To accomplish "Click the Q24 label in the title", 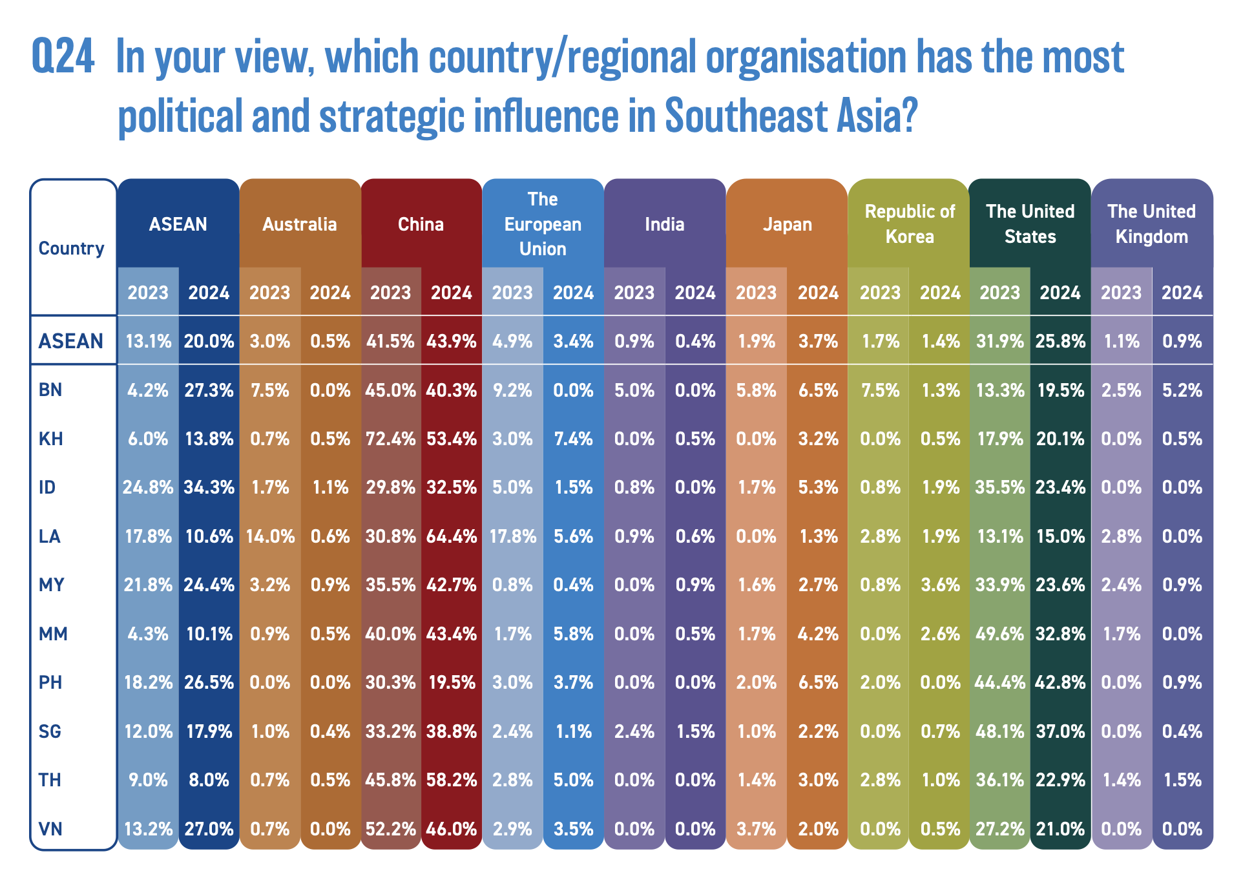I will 63,57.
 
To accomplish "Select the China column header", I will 421,224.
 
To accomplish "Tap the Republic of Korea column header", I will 909,224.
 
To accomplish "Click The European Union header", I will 543,224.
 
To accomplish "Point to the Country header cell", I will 71,248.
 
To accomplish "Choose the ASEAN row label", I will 71,340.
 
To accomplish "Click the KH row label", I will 51,439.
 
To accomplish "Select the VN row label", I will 51,828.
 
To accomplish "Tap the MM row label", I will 53,634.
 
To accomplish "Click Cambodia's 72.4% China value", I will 390,439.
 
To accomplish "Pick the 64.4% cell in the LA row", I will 452,536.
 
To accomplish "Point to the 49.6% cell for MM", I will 999,634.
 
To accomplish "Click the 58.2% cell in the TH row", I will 452,780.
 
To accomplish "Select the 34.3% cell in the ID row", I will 209,487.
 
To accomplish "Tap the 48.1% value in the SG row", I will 999,731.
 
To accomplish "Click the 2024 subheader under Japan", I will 817,293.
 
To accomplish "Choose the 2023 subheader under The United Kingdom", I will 1121,293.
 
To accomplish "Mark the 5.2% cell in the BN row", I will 1182,390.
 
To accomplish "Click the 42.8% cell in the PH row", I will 1060,682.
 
